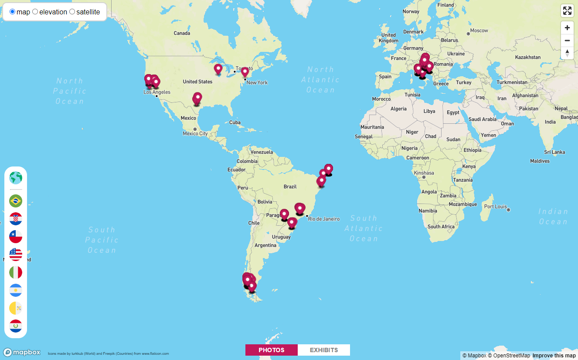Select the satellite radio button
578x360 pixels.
[x=72, y=12]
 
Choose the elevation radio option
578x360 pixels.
[x=35, y=12]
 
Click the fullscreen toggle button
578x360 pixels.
[x=567, y=11]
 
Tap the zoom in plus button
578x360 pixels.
[x=567, y=28]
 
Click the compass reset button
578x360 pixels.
[x=567, y=53]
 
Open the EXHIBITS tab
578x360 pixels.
[x=324, y=350]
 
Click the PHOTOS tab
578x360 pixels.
[x=272, y=350]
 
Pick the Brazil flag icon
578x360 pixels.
[x=16, y=201]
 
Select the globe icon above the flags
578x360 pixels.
[x=16, y=178]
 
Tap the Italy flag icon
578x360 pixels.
[x=16, y=272]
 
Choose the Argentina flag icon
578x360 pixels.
[x=16, y=290]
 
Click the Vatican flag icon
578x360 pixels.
[x=16, y=308]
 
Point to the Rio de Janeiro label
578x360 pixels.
[x=323, y=219]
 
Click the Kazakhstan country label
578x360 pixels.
[x=527, y=57]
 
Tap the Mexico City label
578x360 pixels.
[x=195, y=133]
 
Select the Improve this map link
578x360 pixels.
[x=554, y=356]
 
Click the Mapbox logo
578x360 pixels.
[x=22, y=352]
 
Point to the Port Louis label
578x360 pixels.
[x=496, y=207]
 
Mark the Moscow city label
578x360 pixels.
[x=479, y=31]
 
